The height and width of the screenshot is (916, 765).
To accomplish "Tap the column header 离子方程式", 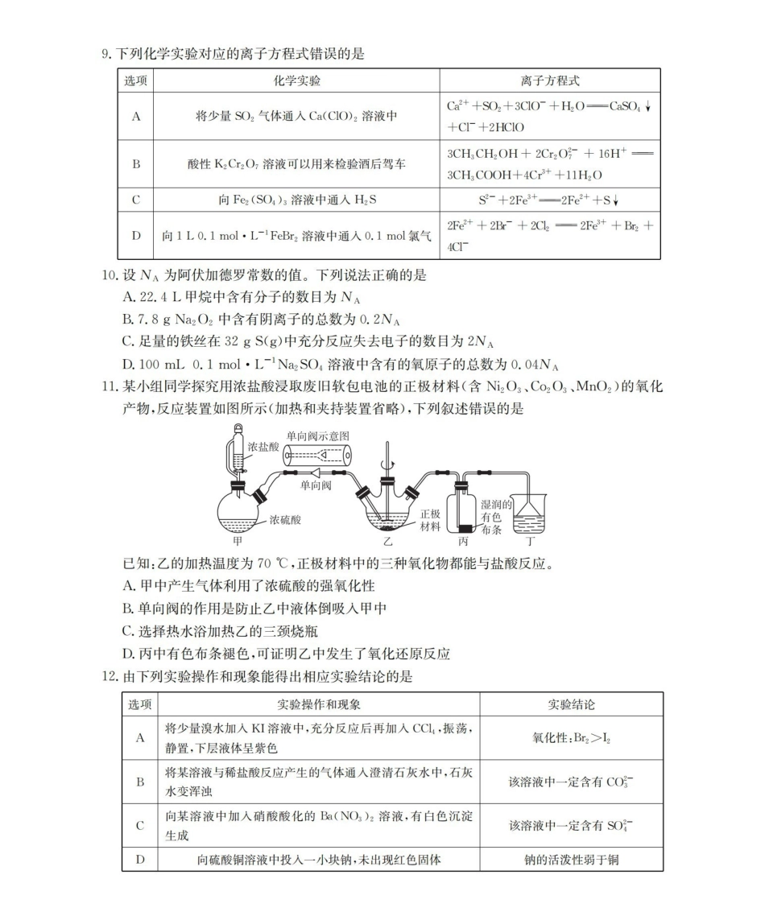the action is [x=550, y=81].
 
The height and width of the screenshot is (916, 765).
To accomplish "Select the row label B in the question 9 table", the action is [x=136, y=163].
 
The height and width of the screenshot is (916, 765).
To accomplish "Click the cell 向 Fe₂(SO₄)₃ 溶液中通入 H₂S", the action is [x=296, y=200].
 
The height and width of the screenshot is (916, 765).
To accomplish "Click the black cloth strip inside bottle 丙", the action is [x=466, y=529].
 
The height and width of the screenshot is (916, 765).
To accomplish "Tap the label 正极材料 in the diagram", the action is [x=431, y=520].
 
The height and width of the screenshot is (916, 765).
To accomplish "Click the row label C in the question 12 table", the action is [x=140, y=825].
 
